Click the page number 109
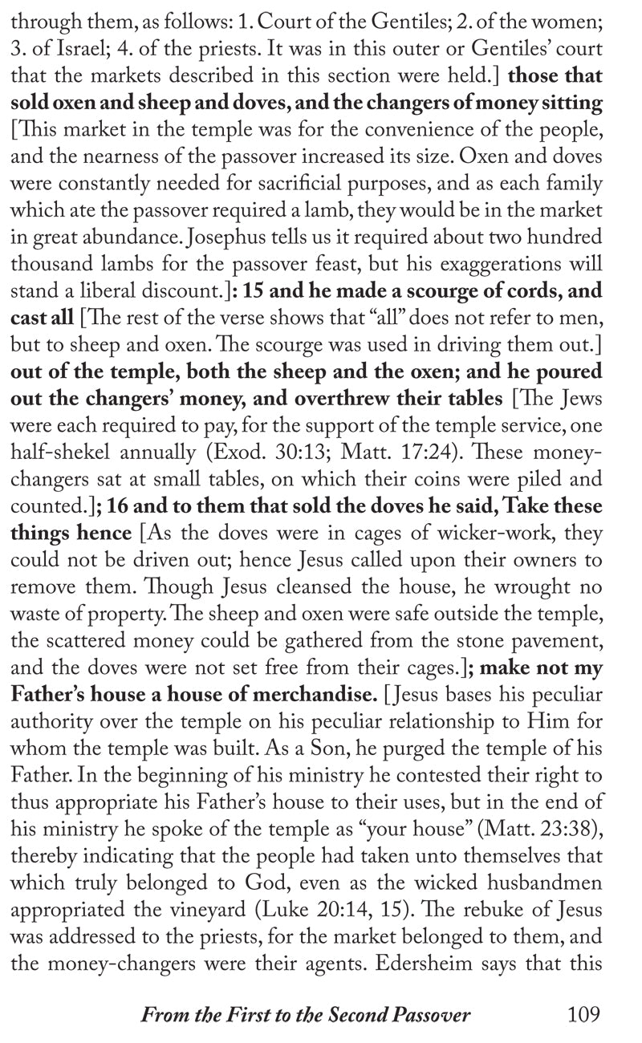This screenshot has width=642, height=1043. pos(583,1015)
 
